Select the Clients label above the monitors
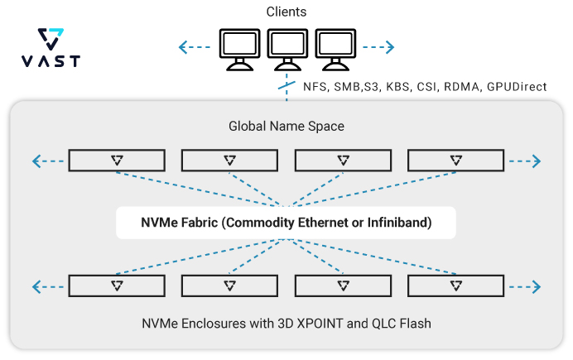click(x=287, y=12)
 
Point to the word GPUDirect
click(x=517, y=86)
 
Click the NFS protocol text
click(x=311, y=86)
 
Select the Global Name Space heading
click(x=286, y=127)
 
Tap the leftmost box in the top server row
click(x=117, y=161)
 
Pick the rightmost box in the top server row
click(x=456, y=161)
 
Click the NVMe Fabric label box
click(x=286, y=223)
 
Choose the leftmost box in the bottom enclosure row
click(x=117, y=286)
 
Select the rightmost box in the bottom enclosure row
click(x=456, y=286)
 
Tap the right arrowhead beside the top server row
click(x=537, y=161)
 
